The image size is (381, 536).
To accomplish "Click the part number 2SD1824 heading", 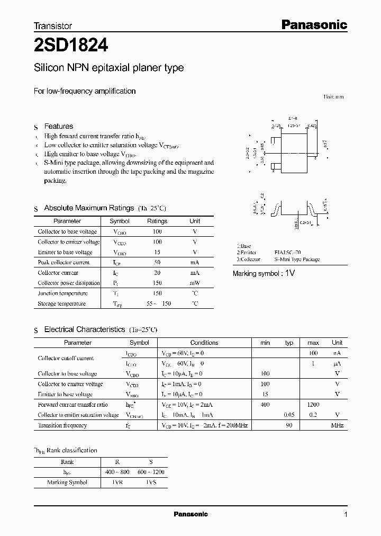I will [x=71, y=46].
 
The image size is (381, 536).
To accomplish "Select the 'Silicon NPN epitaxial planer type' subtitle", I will [x=108, y=68].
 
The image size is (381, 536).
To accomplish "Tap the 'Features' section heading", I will [x=58, y=126].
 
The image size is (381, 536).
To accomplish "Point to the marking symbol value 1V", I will [x=289, y=273].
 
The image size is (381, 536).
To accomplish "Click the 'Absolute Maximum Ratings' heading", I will [x=89, y=208].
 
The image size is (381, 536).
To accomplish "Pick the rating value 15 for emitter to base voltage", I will [x=157, y=252].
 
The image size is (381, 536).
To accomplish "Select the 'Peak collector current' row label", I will [x=64, y=262].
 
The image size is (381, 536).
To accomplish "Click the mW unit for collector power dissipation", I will [x=195, y=283].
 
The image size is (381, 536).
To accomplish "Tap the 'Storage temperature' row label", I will [x=61, y=303].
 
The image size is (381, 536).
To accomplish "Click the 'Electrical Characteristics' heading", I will [x=85, y=329].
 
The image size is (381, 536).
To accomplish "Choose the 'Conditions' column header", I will [x=204, y=343].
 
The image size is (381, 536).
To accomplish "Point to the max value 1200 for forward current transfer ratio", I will [x=313, y=405].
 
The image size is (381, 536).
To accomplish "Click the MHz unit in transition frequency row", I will [x=337, y=425].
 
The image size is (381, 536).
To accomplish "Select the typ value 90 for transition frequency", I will [x=289, y=425].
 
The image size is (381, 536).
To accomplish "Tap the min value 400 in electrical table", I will [x=265, y=405].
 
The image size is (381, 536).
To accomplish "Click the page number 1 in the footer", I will [x=346, y=515].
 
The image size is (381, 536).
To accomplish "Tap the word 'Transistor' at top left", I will [x=53, y=25].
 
